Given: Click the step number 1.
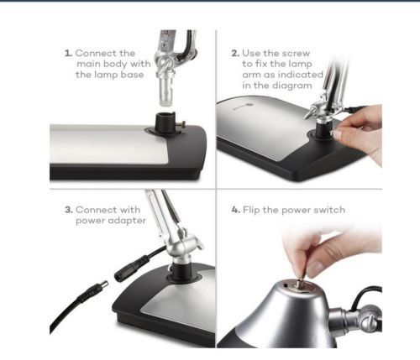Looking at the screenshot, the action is pos(68,53).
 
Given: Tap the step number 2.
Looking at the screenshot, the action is pos(235,53).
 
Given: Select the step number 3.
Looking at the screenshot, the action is pos(69,210).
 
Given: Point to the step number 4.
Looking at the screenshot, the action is pos(236,210).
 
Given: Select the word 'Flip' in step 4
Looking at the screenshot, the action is pos(251,210).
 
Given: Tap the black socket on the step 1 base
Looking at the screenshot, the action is pos(165,123).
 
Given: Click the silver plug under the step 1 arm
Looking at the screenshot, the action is pos(165,91).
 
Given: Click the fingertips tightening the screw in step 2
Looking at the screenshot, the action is pos(339,133).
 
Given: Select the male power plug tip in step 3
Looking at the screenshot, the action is pos(102,286).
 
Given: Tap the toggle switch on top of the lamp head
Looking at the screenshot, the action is pos(300,282).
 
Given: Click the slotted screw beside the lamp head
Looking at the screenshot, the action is pos(368,322).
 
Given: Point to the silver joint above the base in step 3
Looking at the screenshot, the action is pos(182,244).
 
